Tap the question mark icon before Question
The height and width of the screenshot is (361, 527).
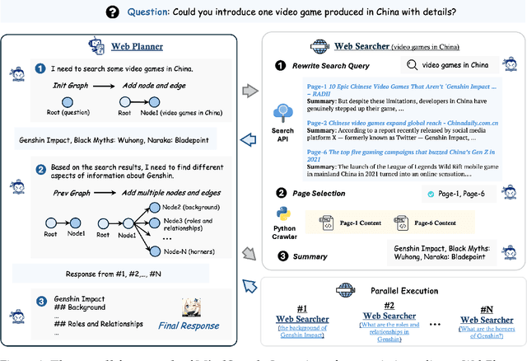tap(112, 12)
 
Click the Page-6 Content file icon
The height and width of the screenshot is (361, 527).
tap(402, 223)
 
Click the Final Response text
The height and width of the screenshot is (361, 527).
tap(189, 326)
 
